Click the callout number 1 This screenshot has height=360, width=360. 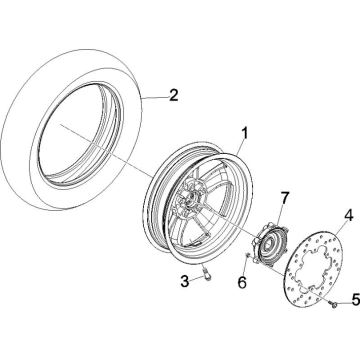coord(244,134)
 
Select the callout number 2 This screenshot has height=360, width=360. coord(173,96)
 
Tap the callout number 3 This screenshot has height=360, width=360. coord(185,281)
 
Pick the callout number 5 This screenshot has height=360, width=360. coord(356,300)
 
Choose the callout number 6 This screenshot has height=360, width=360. coord(242,282)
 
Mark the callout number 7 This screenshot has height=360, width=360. coord(284,198)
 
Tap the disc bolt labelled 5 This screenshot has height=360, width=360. coord(333,303)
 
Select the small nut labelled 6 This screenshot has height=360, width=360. coord(248,255)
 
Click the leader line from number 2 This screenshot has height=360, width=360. coord(155,97)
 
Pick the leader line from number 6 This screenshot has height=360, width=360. coord(245,266)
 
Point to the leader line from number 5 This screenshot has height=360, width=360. coord(344,302)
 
